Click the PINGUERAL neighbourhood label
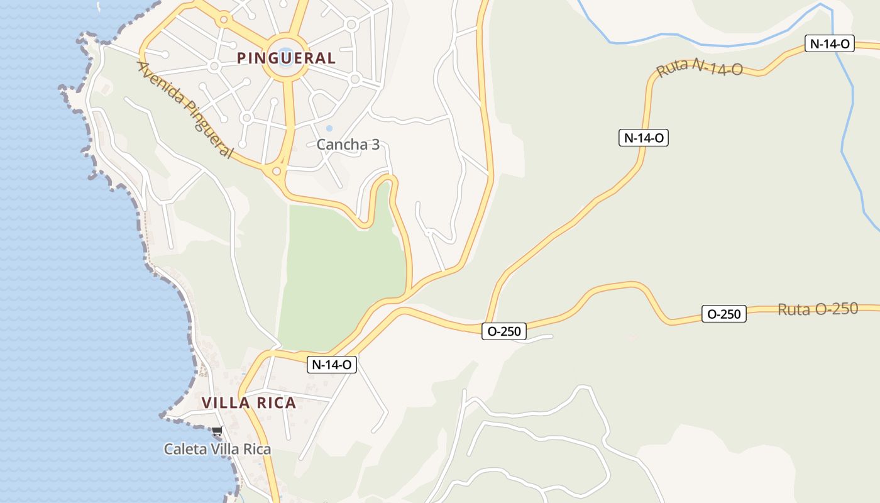pos(286,58)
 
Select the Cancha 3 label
pos(348,145)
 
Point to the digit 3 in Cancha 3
pos(375,145)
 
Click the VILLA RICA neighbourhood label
pos(249,403)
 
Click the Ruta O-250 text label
pos(817,309)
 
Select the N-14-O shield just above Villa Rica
pos(332,364)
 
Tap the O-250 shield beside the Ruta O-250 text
pos(723,314)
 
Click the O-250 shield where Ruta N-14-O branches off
pos(503,331)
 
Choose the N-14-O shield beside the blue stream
pos(830,43)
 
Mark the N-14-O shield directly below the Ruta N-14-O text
pos(643,138)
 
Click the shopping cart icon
pos(217,431)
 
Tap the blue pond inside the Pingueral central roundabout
pos(285,54)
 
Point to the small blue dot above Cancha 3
pos(329,128)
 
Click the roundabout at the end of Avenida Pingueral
pos(276,170)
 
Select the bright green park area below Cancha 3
pos(339,270)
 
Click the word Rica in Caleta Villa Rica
pos(258,450)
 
